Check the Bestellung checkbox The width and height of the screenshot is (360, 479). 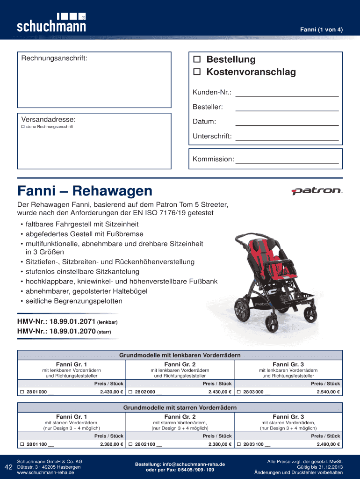click(x=197, y=60)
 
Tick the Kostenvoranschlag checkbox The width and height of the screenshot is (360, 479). click(x=197, y=72)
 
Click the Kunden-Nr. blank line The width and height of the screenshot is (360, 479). click(x=287, y=93)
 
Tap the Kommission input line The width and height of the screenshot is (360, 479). click(x=287, y=159)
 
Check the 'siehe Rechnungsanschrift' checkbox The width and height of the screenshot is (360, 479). click(x=22, y=127)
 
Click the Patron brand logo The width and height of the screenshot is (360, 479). click(x=317, y=191)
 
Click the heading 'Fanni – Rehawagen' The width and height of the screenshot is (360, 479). click(x=85, y=191)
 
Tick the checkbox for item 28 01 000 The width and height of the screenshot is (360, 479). click(x=22, y=392)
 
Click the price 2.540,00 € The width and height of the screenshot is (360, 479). click(x=327, y=392)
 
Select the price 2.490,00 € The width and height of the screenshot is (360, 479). click(x=327, y=444)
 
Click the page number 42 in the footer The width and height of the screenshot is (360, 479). click(x=8, y=467)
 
